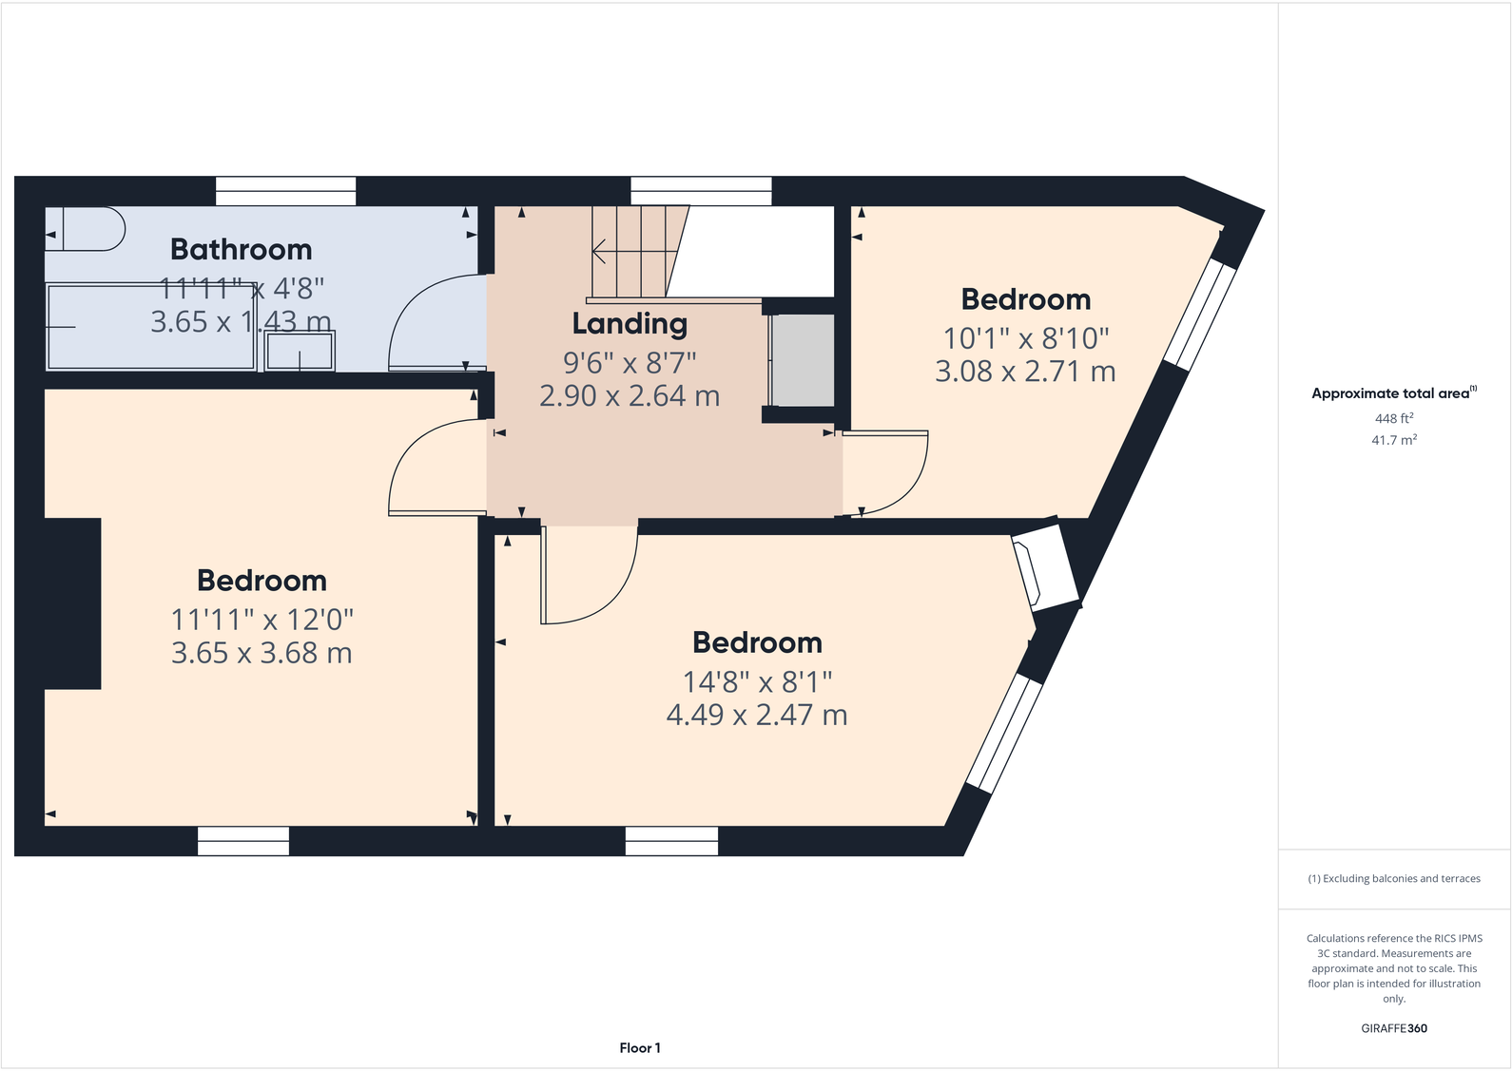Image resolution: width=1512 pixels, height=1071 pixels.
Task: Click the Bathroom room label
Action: click(241, 250)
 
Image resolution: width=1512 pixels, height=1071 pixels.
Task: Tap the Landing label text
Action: click(630, 324)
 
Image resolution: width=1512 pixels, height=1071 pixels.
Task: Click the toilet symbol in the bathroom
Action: click(86, 229)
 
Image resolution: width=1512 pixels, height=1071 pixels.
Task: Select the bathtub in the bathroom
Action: click(151, 326)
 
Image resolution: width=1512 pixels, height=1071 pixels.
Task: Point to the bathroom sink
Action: click(300, 352)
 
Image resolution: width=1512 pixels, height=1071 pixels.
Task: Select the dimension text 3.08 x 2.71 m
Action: click(1025, 372)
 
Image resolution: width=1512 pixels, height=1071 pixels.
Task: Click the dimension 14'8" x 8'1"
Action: click(757, 682)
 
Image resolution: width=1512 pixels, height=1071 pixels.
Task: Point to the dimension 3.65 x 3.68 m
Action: click(262, 654)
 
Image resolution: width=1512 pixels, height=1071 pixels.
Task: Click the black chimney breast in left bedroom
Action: click(72, 603)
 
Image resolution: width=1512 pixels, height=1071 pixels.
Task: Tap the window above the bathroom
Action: click(285, 191)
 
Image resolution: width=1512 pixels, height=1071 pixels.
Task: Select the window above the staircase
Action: click(701, 191)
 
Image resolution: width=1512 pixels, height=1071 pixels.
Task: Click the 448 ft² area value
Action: click(1394, 419)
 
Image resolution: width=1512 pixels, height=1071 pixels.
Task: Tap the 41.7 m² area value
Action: click(1394, 441)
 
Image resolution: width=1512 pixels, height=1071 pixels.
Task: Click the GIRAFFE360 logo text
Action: click(1394, 1028)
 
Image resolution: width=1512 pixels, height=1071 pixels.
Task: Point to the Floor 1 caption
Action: click(640, 1048)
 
